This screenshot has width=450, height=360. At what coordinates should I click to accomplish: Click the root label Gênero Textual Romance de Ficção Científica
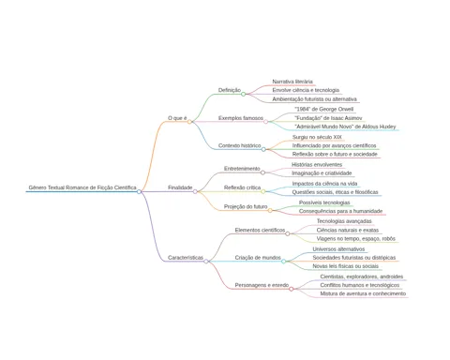(x=82, y=187)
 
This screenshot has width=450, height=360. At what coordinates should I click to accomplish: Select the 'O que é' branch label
(x=177, y=118)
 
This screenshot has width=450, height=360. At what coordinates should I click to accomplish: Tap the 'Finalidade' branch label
(x=180, y=187)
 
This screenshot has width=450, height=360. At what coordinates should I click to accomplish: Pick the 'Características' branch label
(x=186, y=258)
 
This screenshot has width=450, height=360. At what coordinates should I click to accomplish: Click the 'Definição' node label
(x=230, y=90)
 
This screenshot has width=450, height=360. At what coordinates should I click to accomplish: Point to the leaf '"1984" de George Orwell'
(x=324, y=109)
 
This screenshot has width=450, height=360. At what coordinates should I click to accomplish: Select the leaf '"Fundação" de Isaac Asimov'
(x=328, y=118)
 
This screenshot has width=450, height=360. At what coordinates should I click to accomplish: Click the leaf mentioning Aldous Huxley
(x=345, y=127)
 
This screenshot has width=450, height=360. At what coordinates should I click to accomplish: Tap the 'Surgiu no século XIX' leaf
(x=317, y=137)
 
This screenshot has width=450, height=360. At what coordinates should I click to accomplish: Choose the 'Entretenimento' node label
(x=242, y=169)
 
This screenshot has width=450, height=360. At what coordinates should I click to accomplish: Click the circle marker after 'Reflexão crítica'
(x=263, y=191)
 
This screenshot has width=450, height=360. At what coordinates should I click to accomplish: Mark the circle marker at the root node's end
(x=139, y=191)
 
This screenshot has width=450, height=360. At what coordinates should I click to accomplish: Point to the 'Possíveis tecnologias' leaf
(x=324, y=202)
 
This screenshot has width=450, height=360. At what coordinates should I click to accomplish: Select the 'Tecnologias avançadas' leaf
(x=344, y=221)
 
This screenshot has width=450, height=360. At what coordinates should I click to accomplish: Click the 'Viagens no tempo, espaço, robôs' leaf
(x=356, y=238)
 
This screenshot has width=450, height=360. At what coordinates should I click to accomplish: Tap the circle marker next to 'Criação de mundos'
(x=283, y=262)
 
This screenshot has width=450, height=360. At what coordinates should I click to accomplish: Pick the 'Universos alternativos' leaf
(x=338, y=249)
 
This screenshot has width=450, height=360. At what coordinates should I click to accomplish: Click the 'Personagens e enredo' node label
(x=262, y=285)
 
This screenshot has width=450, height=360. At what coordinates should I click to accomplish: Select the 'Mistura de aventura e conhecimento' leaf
(x=363, y=293)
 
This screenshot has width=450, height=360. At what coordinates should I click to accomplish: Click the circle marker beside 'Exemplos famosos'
(x=265, y=122)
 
